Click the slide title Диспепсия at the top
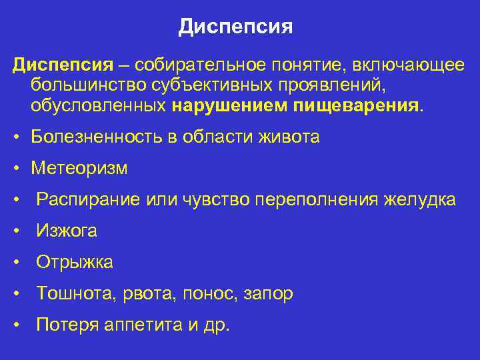[236, 27]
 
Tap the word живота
[290, 137]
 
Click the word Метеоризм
[79, 169]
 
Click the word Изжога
[67, 231]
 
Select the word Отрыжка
[75, 263]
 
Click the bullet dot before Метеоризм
[16, 169]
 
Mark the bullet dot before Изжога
[16, 231]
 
